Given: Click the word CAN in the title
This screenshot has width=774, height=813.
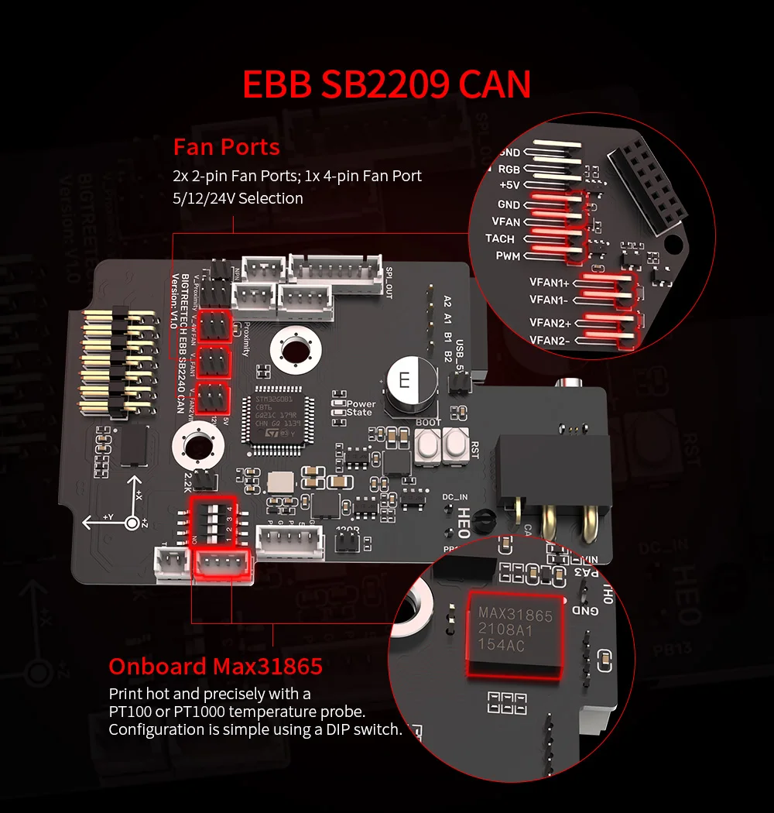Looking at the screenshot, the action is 494,84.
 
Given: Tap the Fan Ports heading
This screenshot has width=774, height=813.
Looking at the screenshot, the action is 226,146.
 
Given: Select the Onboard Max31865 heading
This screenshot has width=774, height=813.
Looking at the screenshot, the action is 215,667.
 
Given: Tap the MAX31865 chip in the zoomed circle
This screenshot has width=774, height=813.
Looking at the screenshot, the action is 515,629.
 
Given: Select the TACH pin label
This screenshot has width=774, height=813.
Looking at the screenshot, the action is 499,238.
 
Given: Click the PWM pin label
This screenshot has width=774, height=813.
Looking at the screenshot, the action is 508,256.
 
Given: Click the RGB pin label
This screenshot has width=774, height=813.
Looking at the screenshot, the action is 509,169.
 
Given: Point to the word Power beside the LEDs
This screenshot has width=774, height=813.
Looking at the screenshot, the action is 361,404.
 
